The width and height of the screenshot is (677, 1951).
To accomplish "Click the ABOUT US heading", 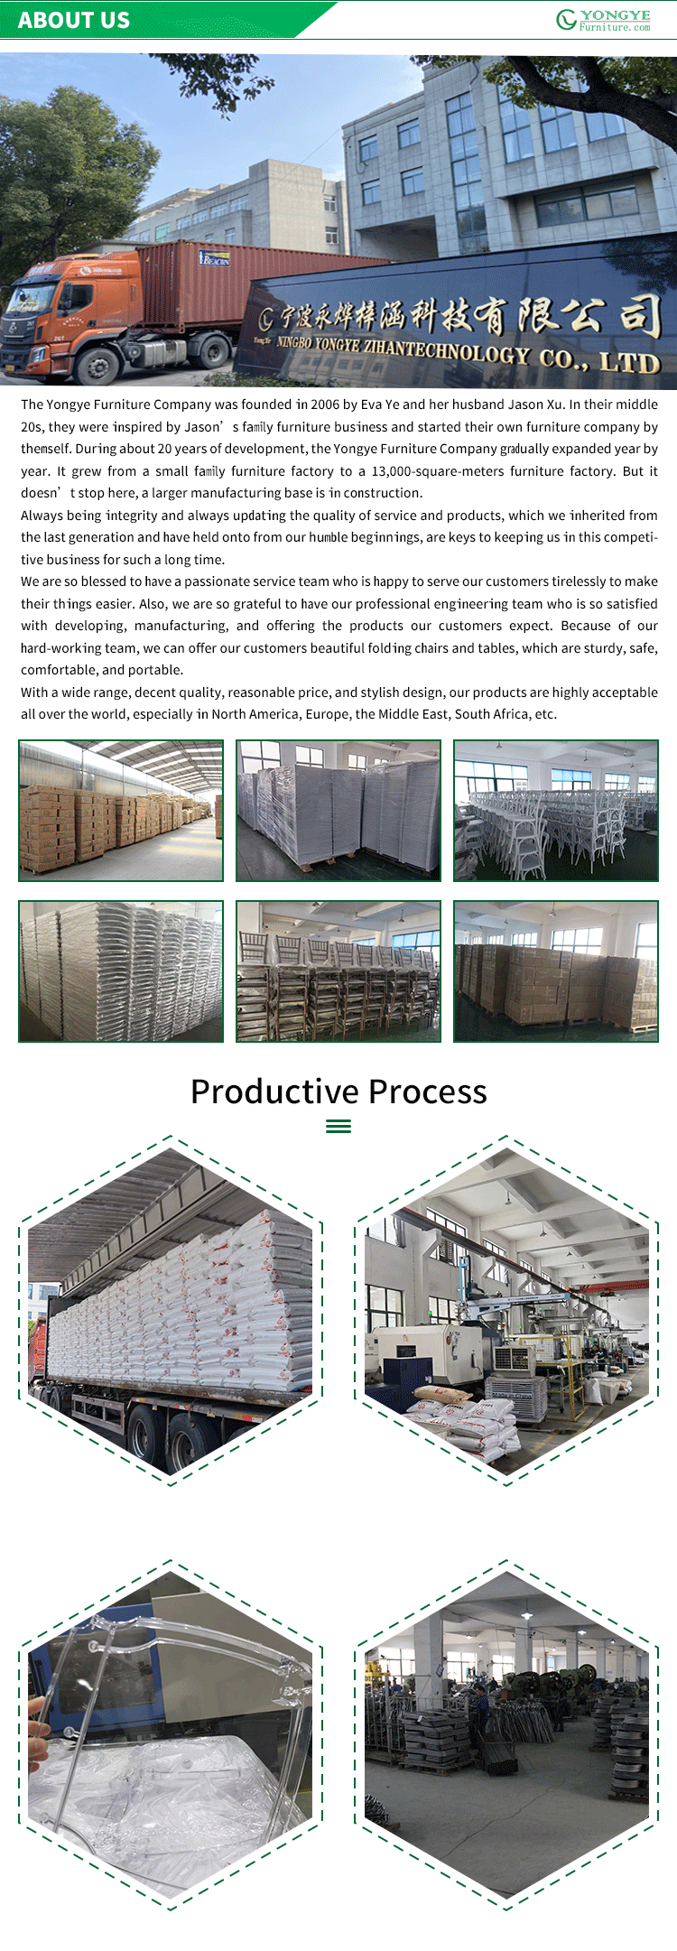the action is coord(74,20).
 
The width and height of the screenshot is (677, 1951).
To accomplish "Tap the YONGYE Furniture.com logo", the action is coord(603,20).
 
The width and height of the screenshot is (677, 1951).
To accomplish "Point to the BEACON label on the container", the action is coord(215,259).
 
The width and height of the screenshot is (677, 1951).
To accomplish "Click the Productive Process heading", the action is coord(338,1092).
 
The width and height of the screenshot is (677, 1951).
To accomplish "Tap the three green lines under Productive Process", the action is coord(338,1126).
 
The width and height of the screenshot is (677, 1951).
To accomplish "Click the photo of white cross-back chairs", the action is coord(556,811).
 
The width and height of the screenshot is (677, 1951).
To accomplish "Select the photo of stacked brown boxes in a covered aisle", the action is coord(121,811).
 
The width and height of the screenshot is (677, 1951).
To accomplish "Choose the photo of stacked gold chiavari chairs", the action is coord(338,971).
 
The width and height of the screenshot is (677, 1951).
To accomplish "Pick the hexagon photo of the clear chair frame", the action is coord(171,1735).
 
